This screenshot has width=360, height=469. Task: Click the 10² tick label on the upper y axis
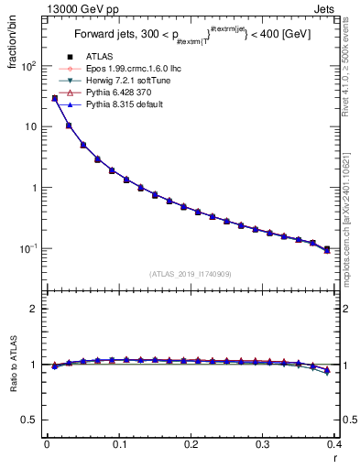tap(29, 67)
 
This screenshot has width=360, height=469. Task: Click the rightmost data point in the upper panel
tap(327, 249)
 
